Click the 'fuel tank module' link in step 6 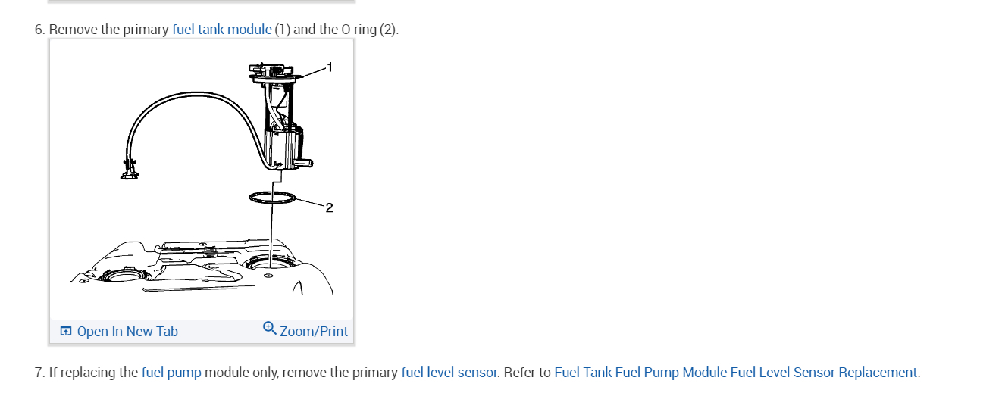(x=221, y=30)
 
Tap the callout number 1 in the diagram (x=329, y=67)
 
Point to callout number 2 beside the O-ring (x=329, y=207)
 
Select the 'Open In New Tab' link (x=127, y=331)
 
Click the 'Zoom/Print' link (x=313, y=331)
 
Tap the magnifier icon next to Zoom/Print (x=269, y=329)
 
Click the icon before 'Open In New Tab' (x=66, y=331)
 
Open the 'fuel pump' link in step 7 (x=171, y=373)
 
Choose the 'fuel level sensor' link (x=449, y=373)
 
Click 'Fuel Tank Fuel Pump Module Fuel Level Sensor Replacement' (x=735, y=373)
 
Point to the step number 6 (x=39, y=30)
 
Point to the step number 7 (x=39, y=373)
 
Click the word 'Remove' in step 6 (x=73, y=30)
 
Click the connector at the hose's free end (x=130, y=169)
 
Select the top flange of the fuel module (x=277, y=76)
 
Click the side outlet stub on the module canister (x=305, y=162)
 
